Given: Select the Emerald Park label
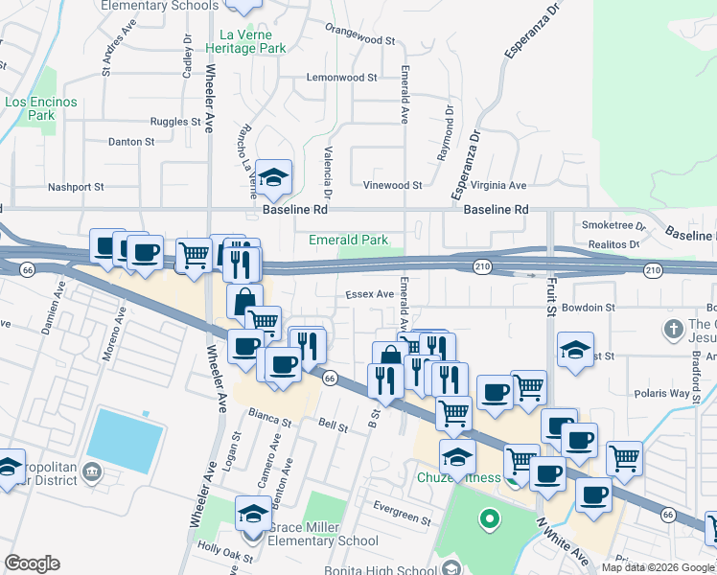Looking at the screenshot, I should point(348,240).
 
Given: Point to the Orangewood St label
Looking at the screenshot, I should point(359,41).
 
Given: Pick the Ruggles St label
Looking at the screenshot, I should point(175,122).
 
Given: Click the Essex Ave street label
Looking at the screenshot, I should point(370,294).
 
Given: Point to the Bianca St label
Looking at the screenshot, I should point(269,420).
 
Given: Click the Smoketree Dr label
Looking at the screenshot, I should point(614,225).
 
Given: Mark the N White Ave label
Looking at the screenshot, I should point(564,540).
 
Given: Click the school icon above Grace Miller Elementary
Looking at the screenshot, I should point(253,513).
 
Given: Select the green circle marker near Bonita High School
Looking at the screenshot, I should point(490,521).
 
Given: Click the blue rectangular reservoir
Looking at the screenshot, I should point(125,441).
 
